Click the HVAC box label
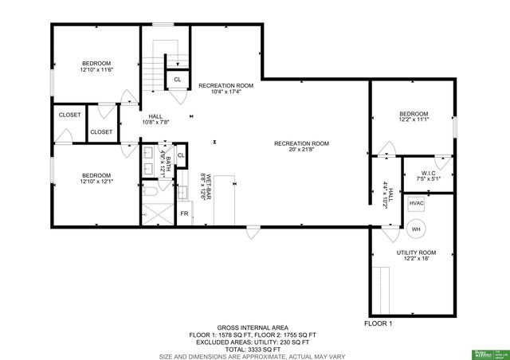pos(416,204)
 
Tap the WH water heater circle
pos(415,229)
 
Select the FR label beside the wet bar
pos(183,213)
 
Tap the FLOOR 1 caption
pos(379,323)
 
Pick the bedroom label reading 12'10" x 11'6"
pos(96,67)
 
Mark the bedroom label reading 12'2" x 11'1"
pos(414,117)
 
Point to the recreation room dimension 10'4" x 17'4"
pos(226,88)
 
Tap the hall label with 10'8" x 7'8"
pos(155,119)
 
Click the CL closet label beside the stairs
pos(177,80)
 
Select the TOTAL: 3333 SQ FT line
pos(254,349)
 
